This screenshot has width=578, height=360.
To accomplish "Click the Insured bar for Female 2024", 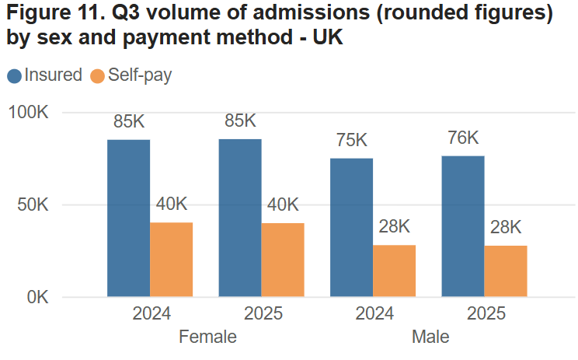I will coord(128,218).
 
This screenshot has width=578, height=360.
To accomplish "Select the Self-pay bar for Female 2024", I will coord(171,260).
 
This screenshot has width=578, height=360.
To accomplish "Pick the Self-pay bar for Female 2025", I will coord(283,260).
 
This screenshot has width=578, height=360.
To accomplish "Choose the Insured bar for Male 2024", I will coord(351,228).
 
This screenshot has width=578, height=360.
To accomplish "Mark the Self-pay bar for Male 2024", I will coord(394,271).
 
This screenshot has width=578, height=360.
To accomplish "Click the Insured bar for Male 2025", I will coord(463,226).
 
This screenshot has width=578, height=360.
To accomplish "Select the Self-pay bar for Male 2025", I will coord(506,271).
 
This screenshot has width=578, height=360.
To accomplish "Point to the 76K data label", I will coord(463,138).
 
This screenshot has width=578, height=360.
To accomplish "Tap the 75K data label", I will coord(351,141).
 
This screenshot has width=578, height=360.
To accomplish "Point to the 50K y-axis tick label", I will coord(33,205).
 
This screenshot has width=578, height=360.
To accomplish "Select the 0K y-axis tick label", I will coord(37,297).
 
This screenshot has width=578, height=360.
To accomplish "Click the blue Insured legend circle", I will coord(15,76).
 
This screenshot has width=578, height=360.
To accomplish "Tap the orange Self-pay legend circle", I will coord(98,76).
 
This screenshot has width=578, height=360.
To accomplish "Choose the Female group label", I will coord(207,337).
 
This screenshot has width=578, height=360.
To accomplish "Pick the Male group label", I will coord(430,337).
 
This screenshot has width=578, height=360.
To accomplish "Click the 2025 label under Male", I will coord(486,315).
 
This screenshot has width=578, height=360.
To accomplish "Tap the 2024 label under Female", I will coord(151,315).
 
